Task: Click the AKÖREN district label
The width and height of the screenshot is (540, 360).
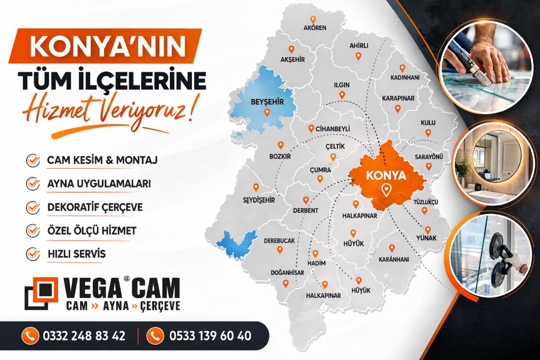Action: [315, 27]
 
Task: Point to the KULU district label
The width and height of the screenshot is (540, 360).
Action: [428, 122]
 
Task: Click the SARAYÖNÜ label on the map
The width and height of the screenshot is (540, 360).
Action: [428, 157]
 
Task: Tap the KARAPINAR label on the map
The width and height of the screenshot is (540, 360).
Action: [398, 99]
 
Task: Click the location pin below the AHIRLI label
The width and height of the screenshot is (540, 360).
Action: [358, 56]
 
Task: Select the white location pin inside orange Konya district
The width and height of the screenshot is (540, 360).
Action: [387, 190]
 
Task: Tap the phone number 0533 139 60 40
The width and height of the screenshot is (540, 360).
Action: [210, 336]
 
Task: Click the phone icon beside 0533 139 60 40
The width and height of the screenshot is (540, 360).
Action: [155, 335]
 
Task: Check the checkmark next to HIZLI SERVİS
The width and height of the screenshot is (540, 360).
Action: [33, 254]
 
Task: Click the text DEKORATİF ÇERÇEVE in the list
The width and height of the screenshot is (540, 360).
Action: [94, 207]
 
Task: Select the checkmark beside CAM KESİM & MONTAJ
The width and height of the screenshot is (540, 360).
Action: [33, 160]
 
